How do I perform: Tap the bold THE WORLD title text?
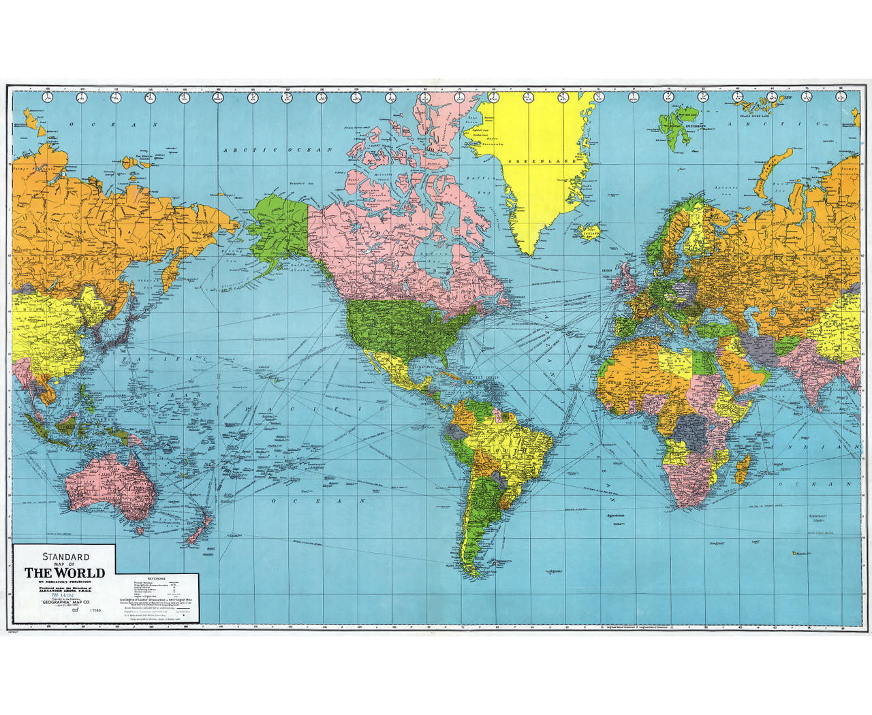tap(65, 573)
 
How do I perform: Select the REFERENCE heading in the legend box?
tap(148, 578)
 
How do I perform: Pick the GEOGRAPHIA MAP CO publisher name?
tap(71, 603)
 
